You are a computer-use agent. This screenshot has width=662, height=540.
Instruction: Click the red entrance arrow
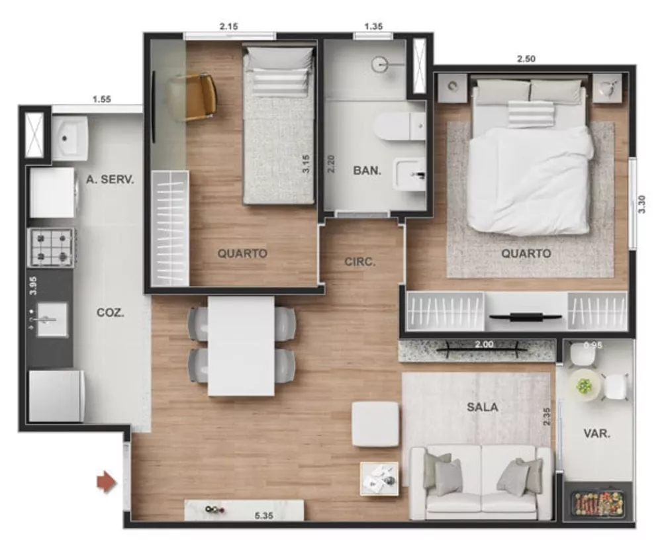pos(106,482)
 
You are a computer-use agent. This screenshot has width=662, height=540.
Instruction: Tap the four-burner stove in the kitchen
pos(51,247)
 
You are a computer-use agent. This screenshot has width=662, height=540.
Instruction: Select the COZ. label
pos(111,313)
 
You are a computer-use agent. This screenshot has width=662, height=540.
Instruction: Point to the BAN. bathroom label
pos(366,170)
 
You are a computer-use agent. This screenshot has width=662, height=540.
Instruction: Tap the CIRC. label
pos(359,261)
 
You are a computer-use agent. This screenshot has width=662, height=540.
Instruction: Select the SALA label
pos(482,407)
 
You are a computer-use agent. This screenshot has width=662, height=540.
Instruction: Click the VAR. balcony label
pos(596,434)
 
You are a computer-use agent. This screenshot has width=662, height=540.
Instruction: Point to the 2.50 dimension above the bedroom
pos(526,58)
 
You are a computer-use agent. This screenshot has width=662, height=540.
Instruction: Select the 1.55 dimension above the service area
pos(101,99)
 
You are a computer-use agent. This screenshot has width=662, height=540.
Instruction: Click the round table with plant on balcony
pos(585,385)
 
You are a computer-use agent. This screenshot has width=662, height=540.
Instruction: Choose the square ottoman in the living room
pos(375,424)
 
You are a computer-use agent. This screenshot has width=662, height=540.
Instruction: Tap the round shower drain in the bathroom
pos(379,65)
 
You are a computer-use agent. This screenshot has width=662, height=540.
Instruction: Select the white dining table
pos(241,345)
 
